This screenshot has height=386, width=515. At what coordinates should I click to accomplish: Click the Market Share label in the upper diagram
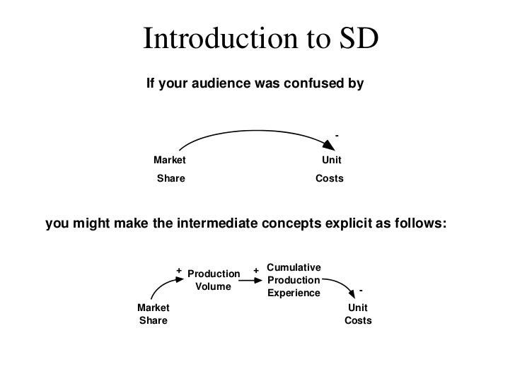[x=170, y=170]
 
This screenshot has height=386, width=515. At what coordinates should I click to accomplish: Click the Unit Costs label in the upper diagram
[x=330, y=170]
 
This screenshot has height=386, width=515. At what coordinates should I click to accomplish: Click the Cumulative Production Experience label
[x=294, y=280]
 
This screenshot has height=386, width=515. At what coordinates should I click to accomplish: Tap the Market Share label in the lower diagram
[x=153, y=314]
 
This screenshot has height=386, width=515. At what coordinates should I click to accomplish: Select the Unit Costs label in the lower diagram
[x=358, y=314]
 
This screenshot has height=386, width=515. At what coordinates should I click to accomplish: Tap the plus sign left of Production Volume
[x=179, y=270]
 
